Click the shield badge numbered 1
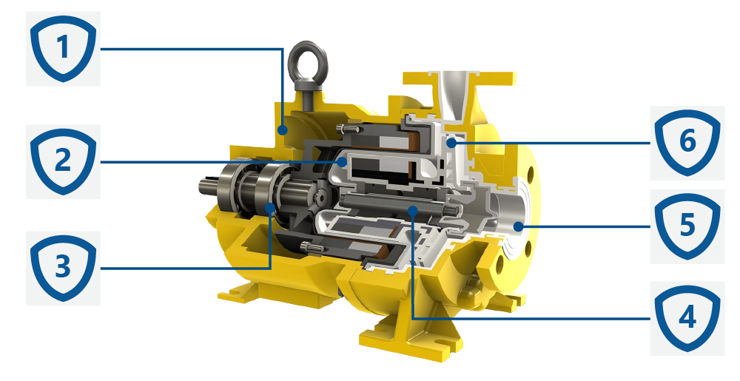[63, 49]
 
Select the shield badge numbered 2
[63, 161]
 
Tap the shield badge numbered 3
[63, 268]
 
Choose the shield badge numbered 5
[687, 226]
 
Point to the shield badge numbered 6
[687, 142]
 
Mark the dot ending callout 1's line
[282, 129]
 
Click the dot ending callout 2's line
[343, 162]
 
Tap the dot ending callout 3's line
[270, 206]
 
